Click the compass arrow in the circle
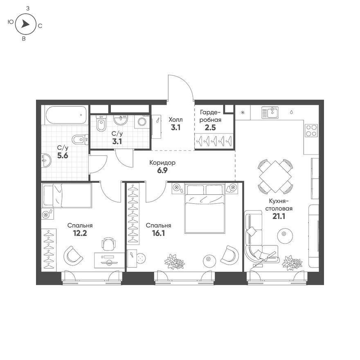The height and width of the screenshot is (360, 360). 25,25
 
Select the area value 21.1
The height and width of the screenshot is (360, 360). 279,216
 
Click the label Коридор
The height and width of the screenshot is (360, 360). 162,162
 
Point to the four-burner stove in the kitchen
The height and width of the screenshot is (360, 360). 311,130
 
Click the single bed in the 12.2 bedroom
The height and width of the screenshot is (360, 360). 67,196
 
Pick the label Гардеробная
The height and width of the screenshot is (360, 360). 211,116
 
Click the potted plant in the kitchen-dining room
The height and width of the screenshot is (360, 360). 292,262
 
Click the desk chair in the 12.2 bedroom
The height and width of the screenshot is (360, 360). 108,244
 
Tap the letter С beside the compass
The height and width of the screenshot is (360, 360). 40,26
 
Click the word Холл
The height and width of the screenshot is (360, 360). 175,119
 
